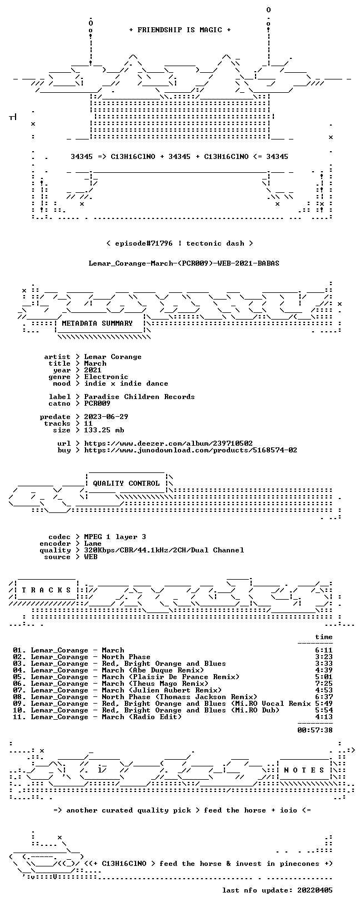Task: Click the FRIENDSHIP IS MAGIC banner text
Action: [180, 30]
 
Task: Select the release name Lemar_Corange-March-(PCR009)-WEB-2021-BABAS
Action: [184, 263]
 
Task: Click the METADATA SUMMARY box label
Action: [97, 323]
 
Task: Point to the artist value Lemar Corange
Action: [113, 357]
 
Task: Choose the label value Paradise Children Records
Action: [139, 397]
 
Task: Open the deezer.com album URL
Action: [168, 443]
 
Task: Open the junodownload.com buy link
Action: [191, 450]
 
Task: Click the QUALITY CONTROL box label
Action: [126, 484]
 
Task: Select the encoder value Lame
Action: [93, 544]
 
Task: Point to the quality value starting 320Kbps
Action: [164, 550]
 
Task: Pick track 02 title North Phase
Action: [126, 657]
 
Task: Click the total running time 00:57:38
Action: [315, 730]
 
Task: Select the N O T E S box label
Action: [304, 770]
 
